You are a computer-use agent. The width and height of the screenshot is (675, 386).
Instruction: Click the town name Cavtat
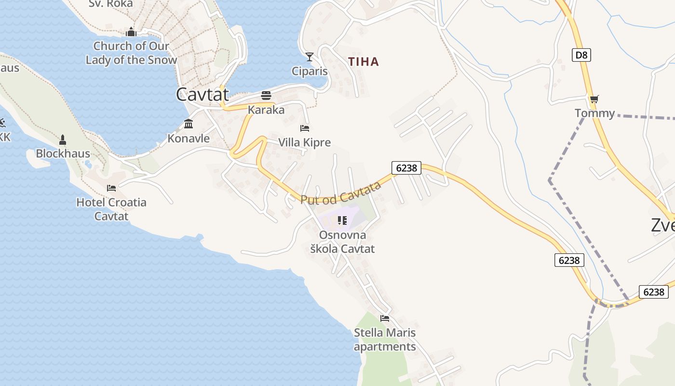202,95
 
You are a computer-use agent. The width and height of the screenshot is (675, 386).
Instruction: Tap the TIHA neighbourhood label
364,62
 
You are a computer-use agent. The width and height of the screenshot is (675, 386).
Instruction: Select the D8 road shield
582,55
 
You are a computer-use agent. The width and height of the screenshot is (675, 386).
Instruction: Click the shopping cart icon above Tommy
594,99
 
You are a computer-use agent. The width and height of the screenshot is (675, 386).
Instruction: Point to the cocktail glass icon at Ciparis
310,57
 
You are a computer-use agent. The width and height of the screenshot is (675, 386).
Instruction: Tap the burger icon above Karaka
266,95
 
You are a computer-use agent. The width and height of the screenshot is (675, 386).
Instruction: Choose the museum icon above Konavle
189,124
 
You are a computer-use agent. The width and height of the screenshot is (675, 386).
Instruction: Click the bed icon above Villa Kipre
305,128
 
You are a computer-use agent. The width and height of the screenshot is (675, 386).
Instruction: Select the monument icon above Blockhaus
62,140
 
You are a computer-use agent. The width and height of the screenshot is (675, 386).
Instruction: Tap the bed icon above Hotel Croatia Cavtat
111,188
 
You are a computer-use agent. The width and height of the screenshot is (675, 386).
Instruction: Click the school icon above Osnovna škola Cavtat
342,221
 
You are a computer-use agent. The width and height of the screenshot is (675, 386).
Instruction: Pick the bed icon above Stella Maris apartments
385,318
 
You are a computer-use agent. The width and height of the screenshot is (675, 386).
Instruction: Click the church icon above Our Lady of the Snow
131,32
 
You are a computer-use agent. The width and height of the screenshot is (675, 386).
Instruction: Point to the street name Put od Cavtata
341,194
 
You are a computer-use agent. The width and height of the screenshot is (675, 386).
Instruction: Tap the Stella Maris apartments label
385,340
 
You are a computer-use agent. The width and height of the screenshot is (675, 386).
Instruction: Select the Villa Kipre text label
305,143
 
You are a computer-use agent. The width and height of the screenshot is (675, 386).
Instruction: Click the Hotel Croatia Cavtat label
111,209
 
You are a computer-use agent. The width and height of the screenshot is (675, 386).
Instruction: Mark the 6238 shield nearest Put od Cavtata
406,168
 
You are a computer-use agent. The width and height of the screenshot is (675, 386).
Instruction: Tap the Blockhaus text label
63,154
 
